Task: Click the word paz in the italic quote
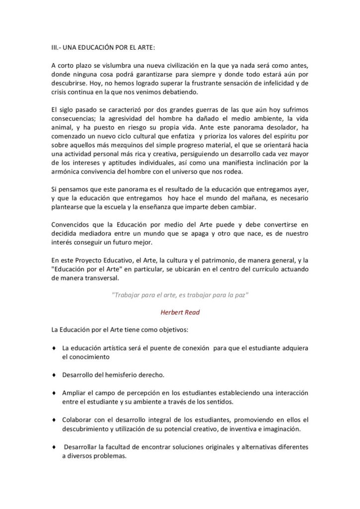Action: (x=242, y=295)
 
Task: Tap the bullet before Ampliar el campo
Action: (x=53, y=393)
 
